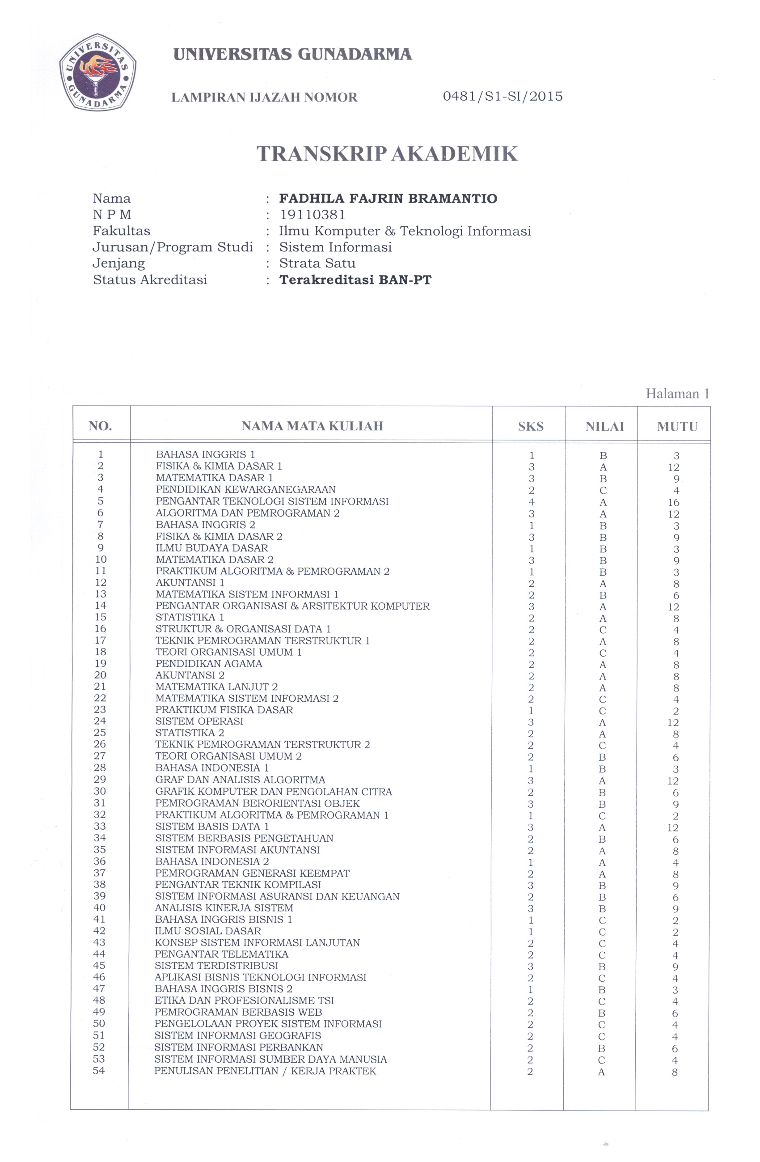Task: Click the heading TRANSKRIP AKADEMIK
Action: pos(387,154)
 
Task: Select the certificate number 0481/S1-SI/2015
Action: pos(502,96)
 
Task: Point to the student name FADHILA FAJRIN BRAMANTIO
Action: pos(388,199)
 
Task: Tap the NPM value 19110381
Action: pos(312,215)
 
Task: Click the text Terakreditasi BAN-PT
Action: pos(355,280)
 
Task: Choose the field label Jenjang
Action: pos(118,263)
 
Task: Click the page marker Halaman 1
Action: pos(677,394)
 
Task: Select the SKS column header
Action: pos(531,426)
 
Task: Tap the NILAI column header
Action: pos(604,426)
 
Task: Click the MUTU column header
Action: pos(677,426)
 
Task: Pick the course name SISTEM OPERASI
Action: pos(199,721)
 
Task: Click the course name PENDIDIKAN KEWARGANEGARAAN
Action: pos(245,489)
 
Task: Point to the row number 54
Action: pos(99,1071)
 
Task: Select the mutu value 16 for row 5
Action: pos(674,502)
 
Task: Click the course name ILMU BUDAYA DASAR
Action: pos(212,548)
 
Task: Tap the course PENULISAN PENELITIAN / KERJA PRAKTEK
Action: pos(265,1071)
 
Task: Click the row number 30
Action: pos(100,791)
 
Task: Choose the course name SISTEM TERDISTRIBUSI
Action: pos(216,965)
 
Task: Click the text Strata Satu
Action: pos(317,263)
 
